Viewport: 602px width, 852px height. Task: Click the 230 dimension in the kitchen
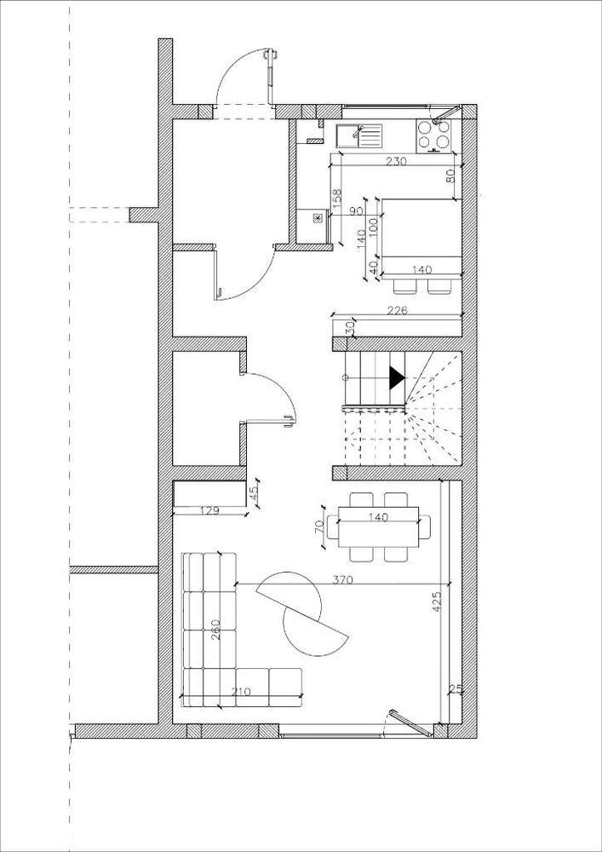tap(397, 160)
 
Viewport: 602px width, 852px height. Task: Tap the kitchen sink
tap(358, 135)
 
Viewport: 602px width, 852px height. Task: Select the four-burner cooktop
tap(433, 134)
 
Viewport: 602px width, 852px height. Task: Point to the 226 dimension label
tap(397, 311)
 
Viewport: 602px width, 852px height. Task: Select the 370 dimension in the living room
tap(319, 579)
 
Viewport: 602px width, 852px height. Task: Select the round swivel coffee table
tap(301, 613)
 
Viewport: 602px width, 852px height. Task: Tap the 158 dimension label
tap(336, 199)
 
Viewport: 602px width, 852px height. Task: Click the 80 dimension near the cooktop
tap(450, 176)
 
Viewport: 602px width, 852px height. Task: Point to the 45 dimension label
tap(252, 493)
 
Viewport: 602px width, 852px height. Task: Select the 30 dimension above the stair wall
tap(349, 326)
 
